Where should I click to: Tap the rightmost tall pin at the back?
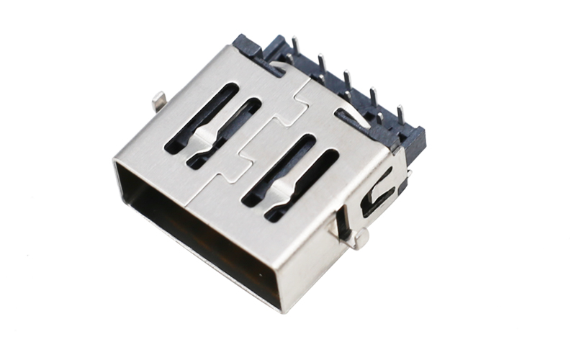pyautogui.click(x=400, y=115)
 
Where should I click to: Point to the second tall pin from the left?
pyautogui.click(x=321, y=63)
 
